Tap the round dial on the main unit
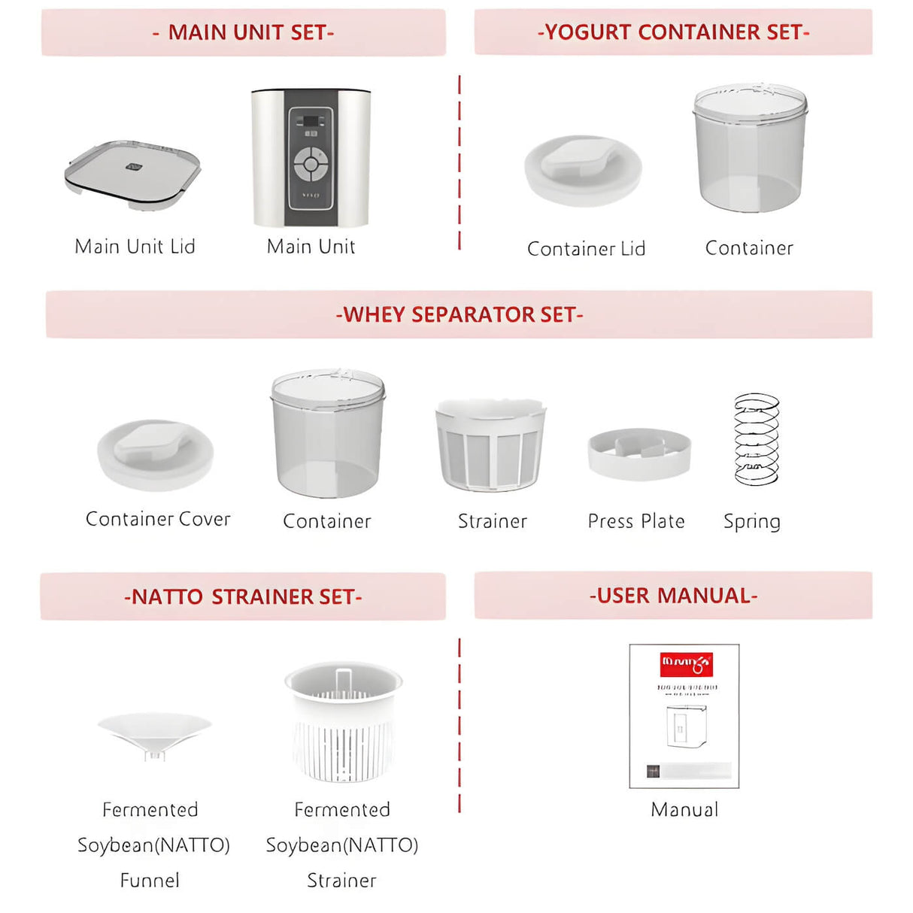coord(311,163)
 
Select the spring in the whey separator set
coord(756,438)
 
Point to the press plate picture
coord(638,453)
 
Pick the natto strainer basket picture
coord(343,721)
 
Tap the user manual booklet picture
coord(684,715)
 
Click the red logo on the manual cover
coord(685,664)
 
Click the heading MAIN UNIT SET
coord(243,32)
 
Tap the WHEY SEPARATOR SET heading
coord(459,314)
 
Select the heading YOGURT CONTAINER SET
coord(673,32)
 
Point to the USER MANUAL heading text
coord(673,596)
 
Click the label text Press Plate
coord(636,521)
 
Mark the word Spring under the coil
coord(751,522)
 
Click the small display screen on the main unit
coord(311,120)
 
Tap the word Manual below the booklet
coord(684,809)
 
